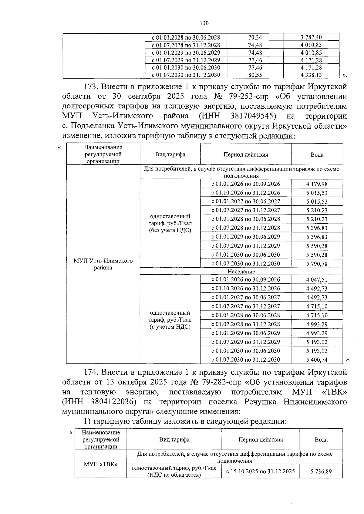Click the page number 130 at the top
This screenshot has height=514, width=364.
(x=204, y=23)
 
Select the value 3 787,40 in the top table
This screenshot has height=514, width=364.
(x=311, y=37)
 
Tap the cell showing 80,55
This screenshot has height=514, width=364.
(x=255, y=75)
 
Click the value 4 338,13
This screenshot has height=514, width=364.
(x=311, y=75)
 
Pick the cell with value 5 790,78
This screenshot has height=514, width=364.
(x=317, y=264)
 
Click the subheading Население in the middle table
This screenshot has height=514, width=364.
(x=241, y=272)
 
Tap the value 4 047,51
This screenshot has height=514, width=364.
(x=317, y=280)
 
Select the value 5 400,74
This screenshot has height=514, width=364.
(x=317, y=360)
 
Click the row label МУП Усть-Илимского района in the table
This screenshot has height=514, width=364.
(x=103, y=264)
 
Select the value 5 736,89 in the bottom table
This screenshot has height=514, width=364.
(x=321, y=472)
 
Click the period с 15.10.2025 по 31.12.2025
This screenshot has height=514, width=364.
(x=261, y=472)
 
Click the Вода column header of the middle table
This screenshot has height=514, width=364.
(x=317, y=154)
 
